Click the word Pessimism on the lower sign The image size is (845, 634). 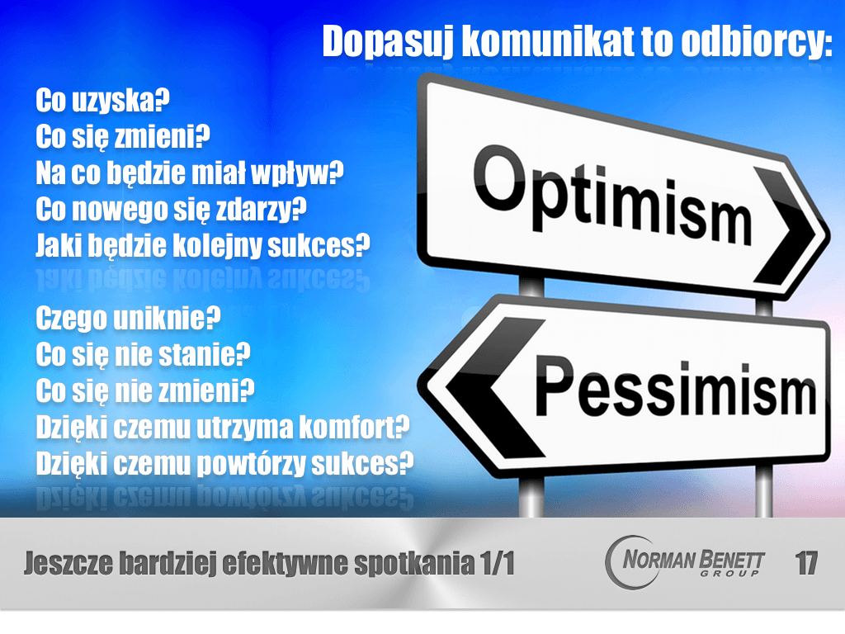pyautogui.click(x=676, y=386)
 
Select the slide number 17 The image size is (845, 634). pyautogui.click(x=806, y=563)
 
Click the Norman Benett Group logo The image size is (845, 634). pyautogui.click(x=684, y=562)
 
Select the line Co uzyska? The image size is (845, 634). pyautogui.click(x=102, y=100)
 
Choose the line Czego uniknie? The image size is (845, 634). pyautogui.click(x=128, y=318)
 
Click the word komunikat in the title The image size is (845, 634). pyautogui.click(x=548, y=41)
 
